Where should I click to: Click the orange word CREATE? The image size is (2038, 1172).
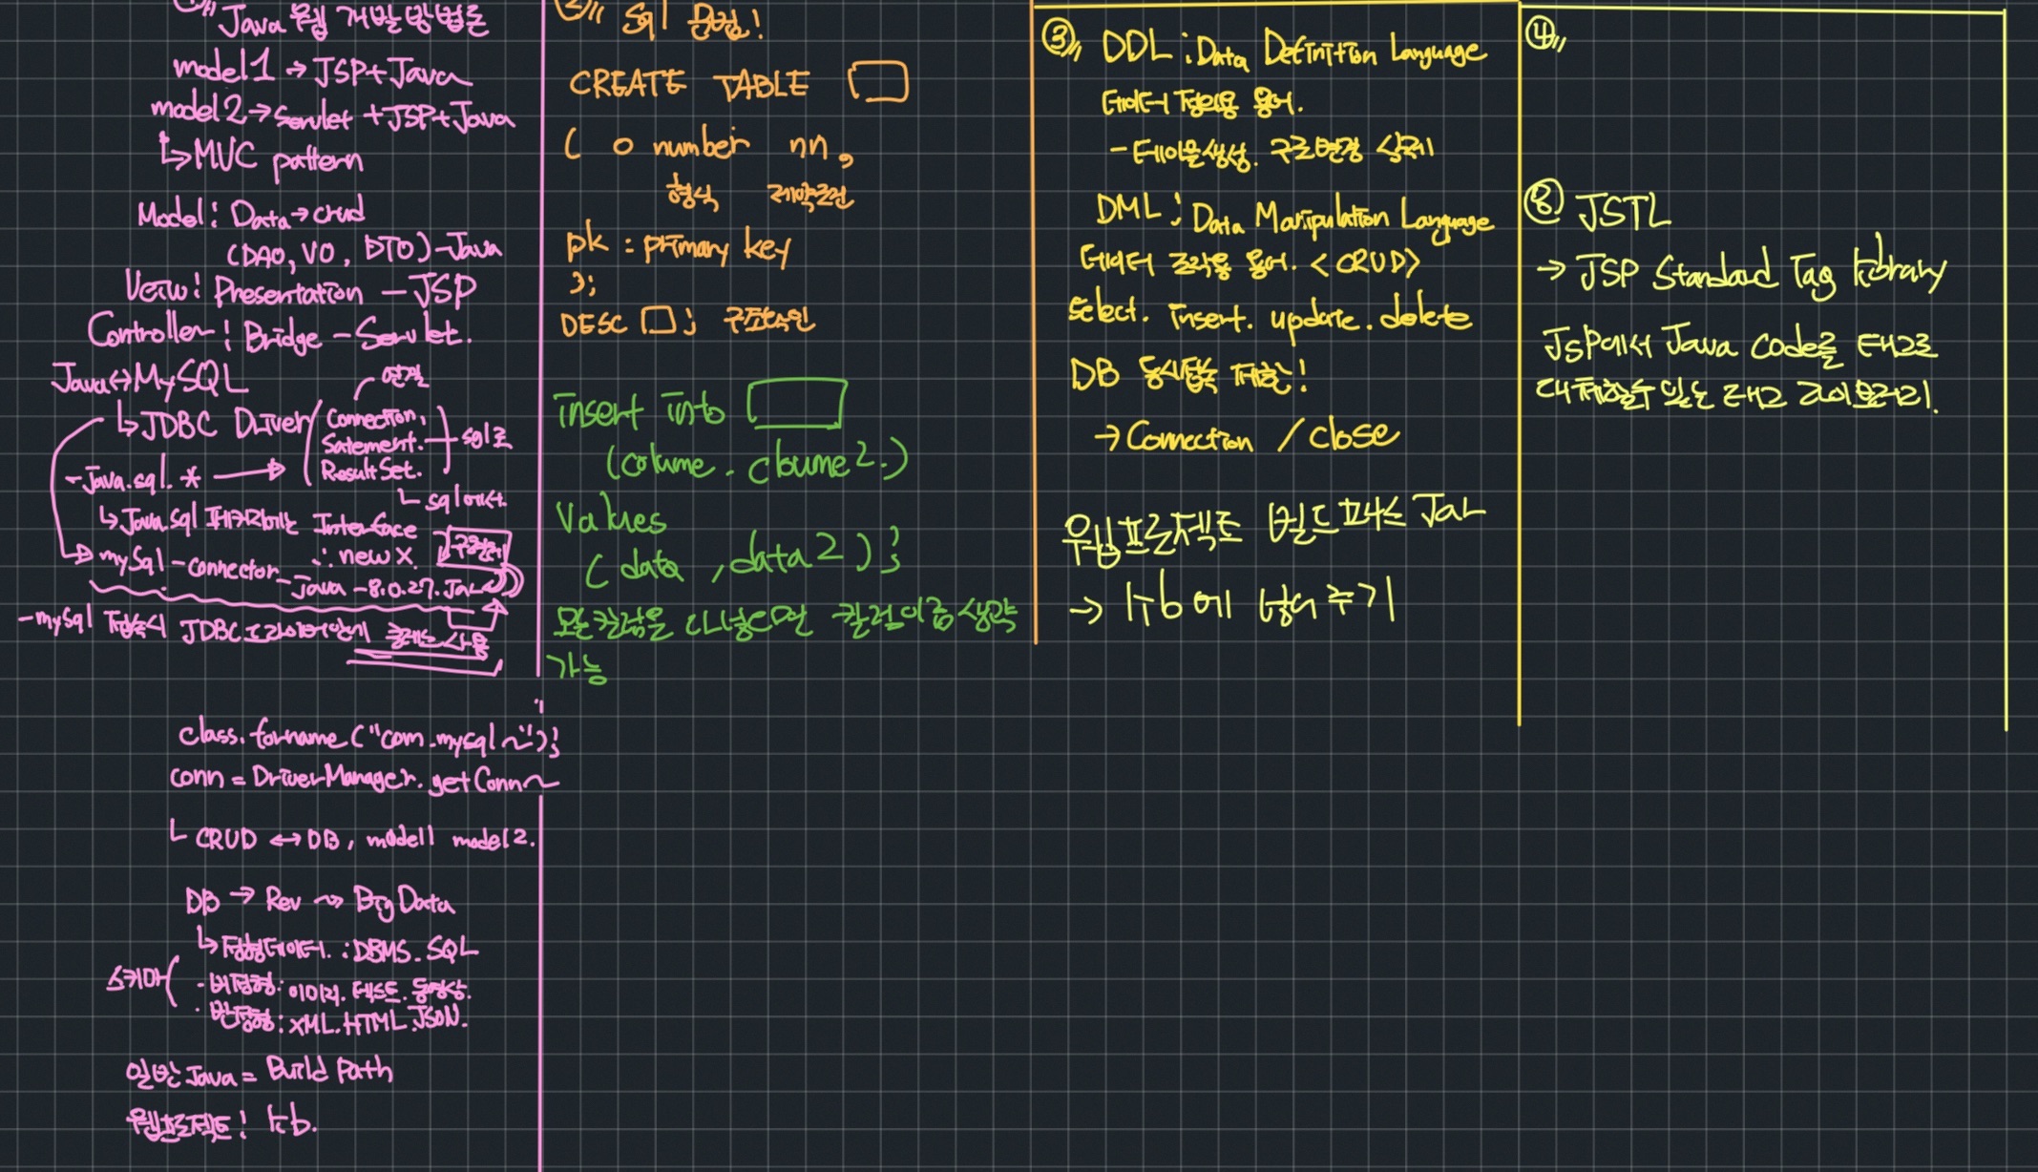(x=626, y=85)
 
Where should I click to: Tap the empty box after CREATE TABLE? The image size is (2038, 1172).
(x=878, y=83)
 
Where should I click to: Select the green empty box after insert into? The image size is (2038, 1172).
(x=796, y=405)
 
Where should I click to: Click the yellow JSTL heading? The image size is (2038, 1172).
(x=1622, y=212)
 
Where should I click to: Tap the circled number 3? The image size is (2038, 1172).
(x=1057, y=39)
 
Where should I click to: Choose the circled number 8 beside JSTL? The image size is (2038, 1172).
(x=1543, y=203)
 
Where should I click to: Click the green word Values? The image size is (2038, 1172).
(x=611, y=520)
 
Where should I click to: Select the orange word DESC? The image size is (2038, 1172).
(x=593, y=324)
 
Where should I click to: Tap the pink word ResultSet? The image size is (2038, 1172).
(x=370, y=471)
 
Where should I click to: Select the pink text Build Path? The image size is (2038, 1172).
(x=328, y=1070)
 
